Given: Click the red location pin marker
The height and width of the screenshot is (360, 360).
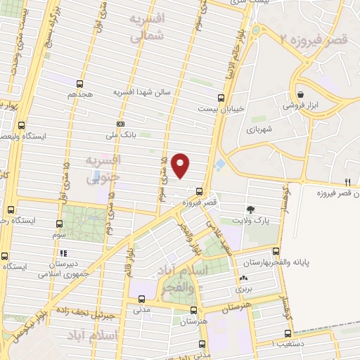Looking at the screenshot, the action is pos(181,165).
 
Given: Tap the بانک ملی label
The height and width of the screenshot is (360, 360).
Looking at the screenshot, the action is pos(120,133).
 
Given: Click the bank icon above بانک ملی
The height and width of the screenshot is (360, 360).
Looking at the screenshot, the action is pos(120,122).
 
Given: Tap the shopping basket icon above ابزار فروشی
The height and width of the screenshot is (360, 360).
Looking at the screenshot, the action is pos(301,94).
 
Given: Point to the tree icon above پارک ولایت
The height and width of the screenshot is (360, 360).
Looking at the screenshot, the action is pos(250,209).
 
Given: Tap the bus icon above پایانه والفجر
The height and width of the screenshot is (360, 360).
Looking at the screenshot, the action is pos(276,251).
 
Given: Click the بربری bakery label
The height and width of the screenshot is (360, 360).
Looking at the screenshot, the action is pos(243,289).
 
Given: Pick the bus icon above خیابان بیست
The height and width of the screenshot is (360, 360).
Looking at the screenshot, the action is pos(221,98).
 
